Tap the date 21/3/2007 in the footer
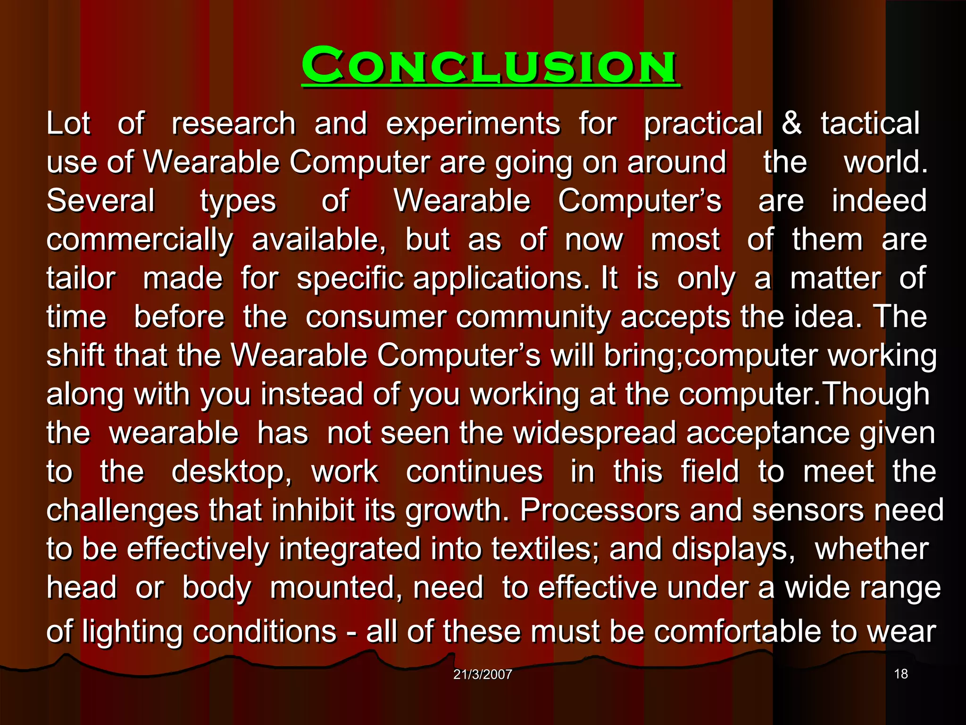point(483,674)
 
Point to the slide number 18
point(901,674)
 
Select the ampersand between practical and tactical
point(791,123)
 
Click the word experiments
point(473,124)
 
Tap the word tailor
point(81,278)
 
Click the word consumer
point(376,317)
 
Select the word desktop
point(231,472)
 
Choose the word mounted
point(336,588)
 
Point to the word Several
point(100,201)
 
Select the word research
point(233,124)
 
